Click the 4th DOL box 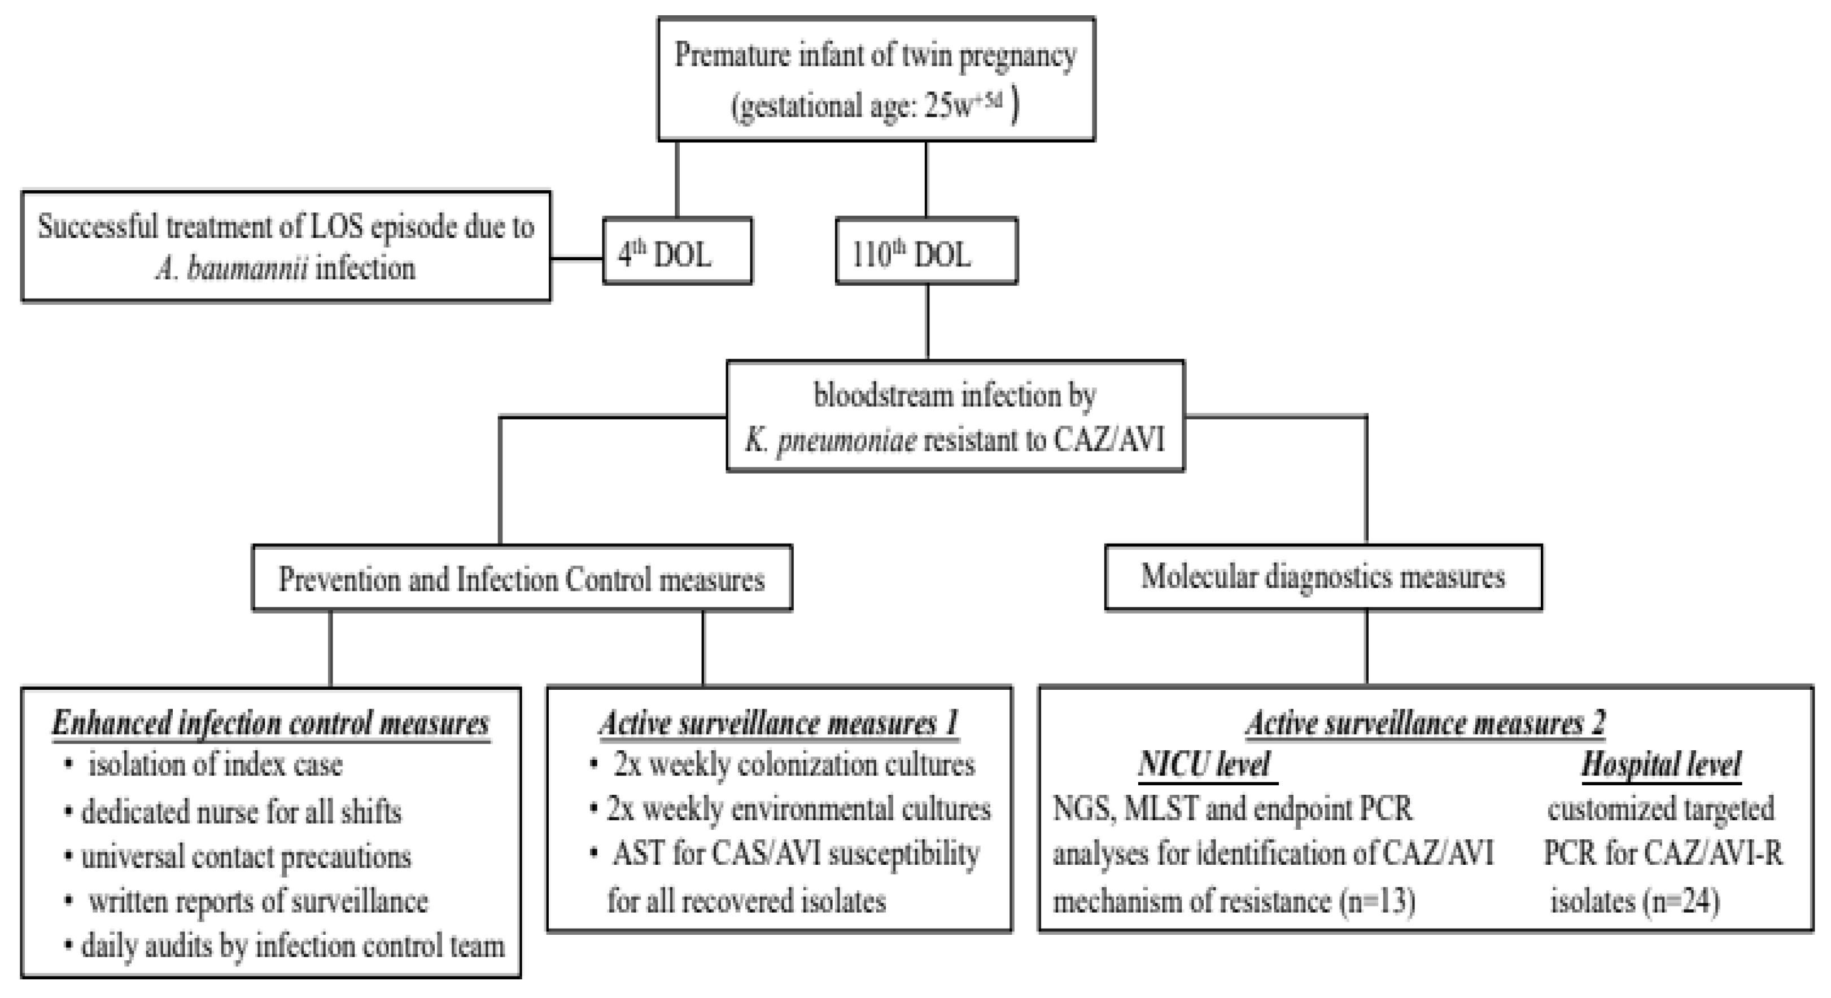point(676,252)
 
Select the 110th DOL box point(925,252)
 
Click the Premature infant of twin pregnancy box point(876,79)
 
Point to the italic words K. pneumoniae point(830,441)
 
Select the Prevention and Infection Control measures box point(522,579)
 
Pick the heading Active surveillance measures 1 point(779,724)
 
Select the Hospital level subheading point(1661,765)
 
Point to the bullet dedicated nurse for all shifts point(241,811)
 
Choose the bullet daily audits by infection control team point(291,946)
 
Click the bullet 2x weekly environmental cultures point(798,809)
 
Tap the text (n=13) point(1377,901)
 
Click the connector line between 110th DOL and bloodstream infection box point(927,321)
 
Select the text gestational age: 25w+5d point(874,107)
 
